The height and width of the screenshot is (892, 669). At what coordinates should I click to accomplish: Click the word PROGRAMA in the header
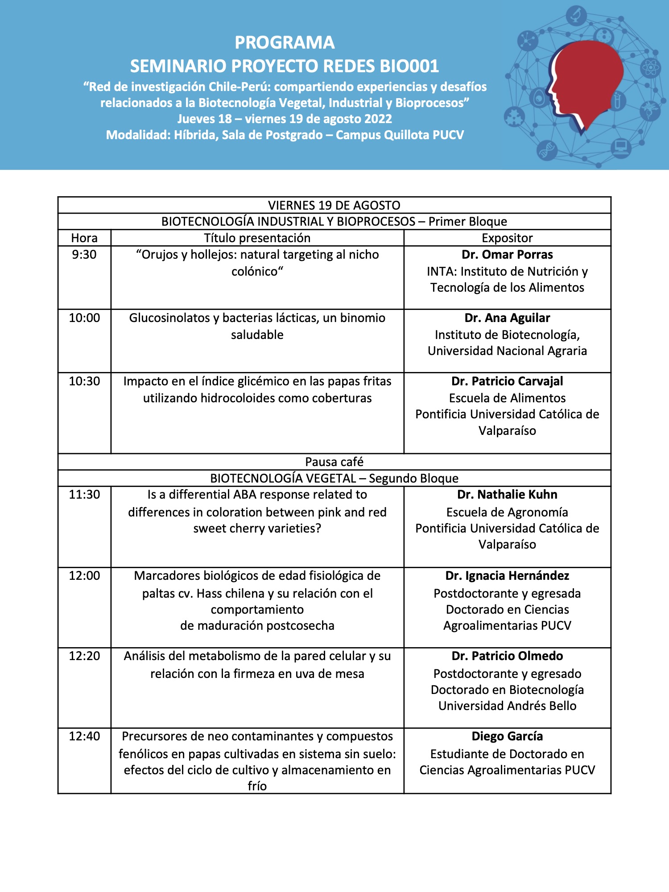click(285, 43)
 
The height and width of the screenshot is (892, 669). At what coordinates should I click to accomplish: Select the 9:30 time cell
click(84, 255)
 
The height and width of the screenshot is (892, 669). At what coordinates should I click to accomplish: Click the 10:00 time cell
click(84, 318)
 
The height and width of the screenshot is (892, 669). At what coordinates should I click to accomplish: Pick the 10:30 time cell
click(84, 381)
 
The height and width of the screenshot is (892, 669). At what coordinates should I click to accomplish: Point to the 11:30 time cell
click(84, 495)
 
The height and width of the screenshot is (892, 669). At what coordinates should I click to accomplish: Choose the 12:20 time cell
click(84, 656)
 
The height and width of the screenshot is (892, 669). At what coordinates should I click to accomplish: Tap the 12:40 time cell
click(84, 736)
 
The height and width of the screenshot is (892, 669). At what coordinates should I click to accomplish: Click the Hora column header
click(84, 238)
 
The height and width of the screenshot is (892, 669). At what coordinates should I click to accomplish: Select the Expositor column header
click(507, 238)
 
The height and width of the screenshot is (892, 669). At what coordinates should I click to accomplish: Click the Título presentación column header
click(257, 238)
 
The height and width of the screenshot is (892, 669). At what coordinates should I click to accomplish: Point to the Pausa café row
click(334, 462)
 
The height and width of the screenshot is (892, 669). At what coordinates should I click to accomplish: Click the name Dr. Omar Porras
click(507, 255)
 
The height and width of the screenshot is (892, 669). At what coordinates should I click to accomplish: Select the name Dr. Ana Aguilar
click(507, 318)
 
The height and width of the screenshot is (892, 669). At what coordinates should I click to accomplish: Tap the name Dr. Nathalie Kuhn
click(507, 495)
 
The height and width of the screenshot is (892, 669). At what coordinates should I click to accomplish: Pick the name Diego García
click(507, 736)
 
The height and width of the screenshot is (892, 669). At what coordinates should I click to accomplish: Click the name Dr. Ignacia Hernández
click(507, 576)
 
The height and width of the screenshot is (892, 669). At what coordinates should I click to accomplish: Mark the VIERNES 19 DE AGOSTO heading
click(334, 205)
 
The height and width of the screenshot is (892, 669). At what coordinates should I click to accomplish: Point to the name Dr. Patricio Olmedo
click(507, 656)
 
